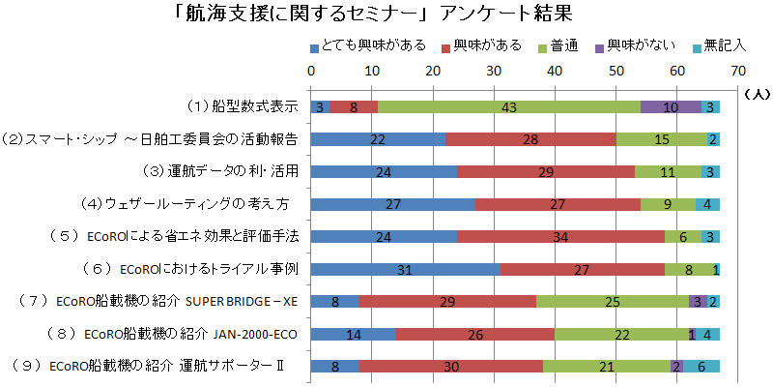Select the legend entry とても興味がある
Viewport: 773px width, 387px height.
[367, 46]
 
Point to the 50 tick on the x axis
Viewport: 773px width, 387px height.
[616, 71]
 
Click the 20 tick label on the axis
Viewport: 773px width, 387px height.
[432, 71]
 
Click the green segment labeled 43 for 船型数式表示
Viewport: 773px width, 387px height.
[509, 106]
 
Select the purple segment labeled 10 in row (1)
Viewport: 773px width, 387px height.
[671, 106]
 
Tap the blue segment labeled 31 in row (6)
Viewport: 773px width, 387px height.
[405, 269]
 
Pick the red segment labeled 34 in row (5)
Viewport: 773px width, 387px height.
[560, 236]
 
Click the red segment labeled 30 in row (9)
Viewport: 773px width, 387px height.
[450, 366]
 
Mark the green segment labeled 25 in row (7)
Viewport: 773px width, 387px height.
[613, 301]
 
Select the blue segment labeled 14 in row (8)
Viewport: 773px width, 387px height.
[353, 334]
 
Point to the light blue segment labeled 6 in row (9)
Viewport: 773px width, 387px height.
[701, 366]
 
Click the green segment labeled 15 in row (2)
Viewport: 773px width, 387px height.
[662, 139]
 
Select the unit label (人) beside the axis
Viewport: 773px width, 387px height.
[757, 94]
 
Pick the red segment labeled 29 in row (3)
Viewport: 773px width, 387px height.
[546, 171]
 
